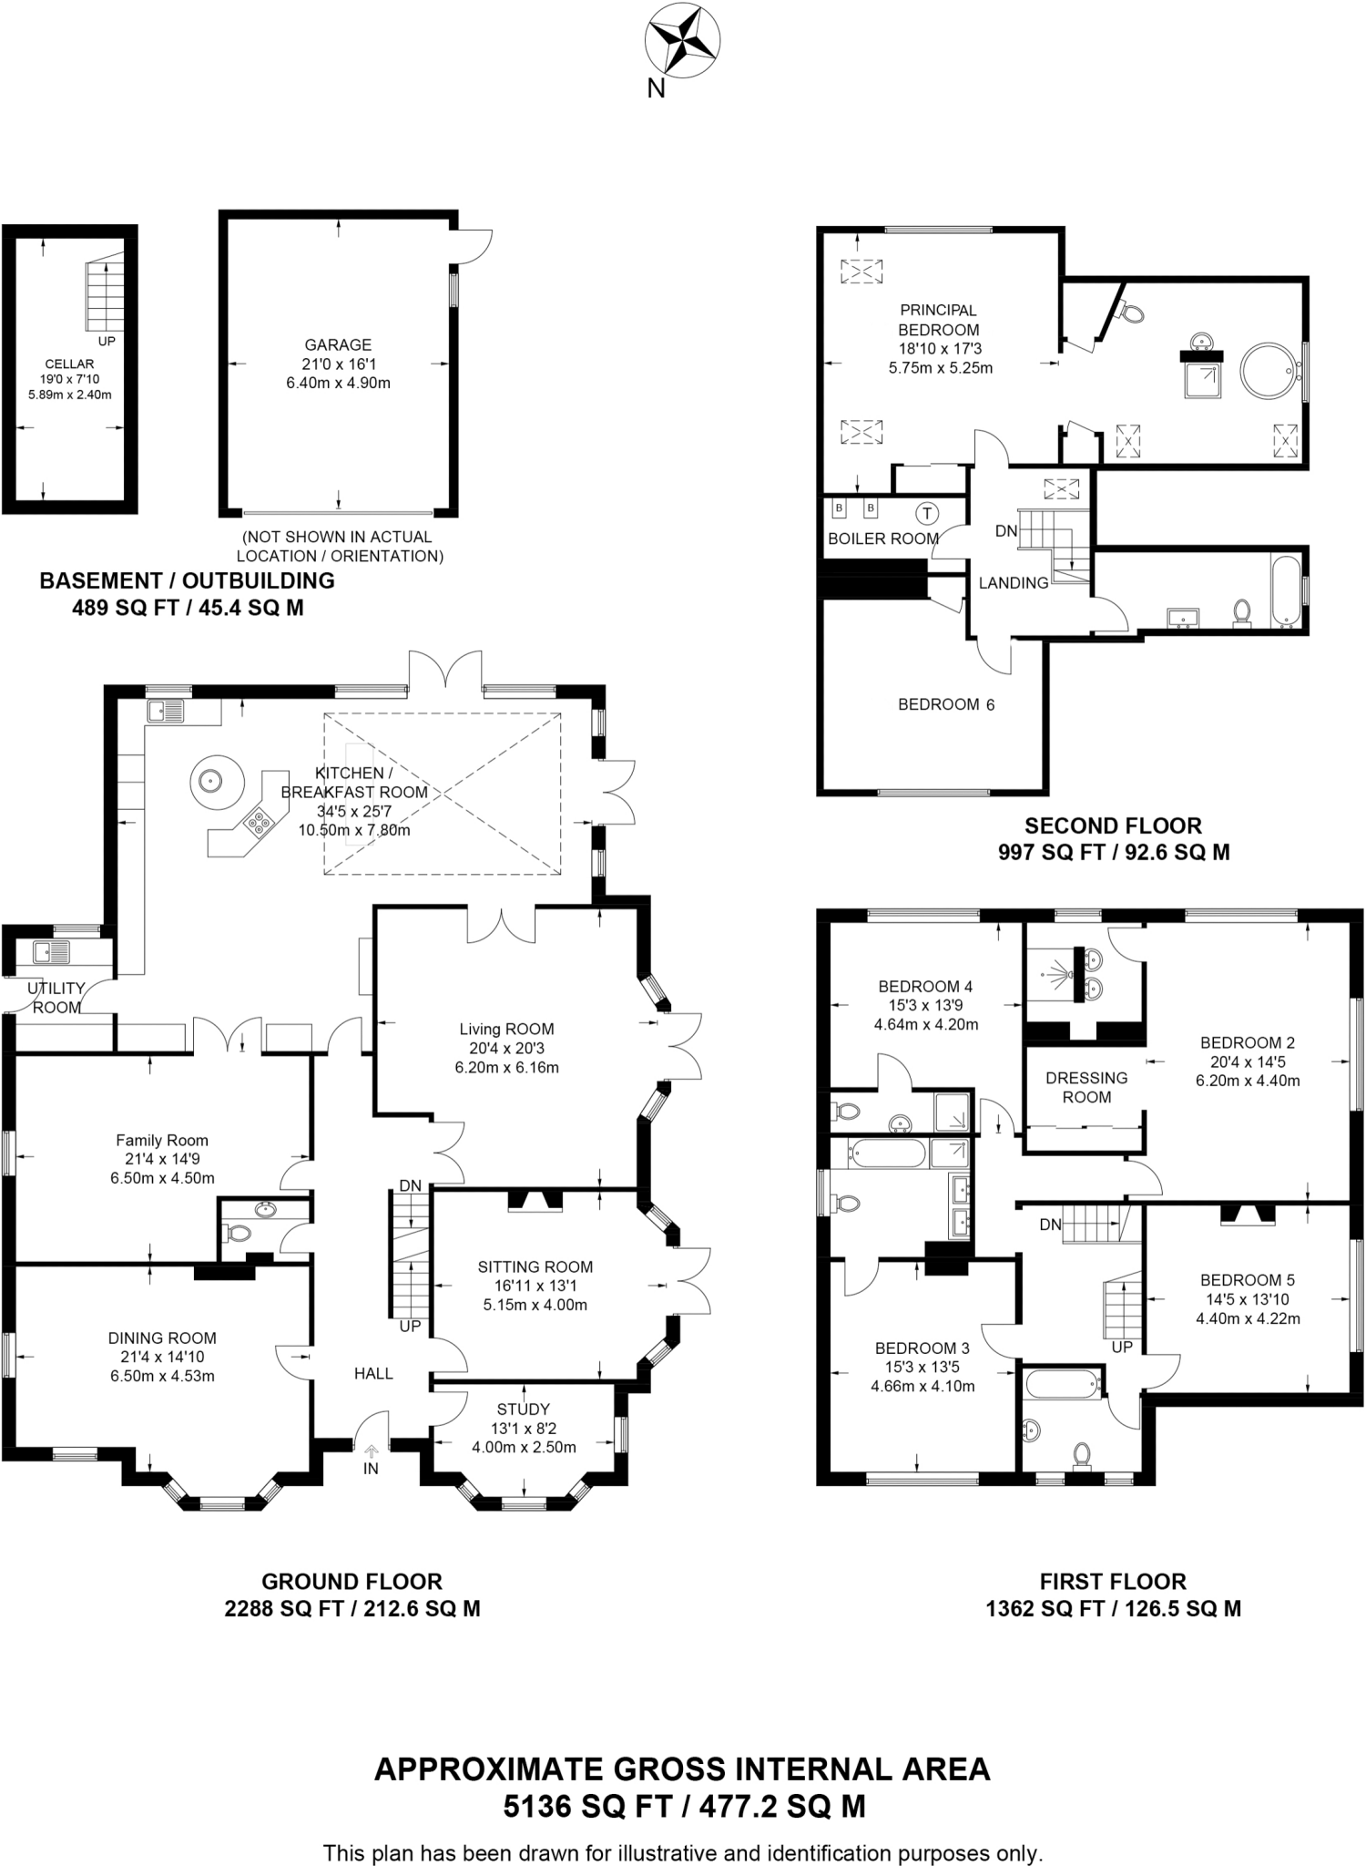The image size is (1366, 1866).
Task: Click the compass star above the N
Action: click(x=682, y=41)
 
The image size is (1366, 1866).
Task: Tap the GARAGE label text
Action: click(x=338, y=344)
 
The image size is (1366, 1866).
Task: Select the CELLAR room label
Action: click(x=69, y=364)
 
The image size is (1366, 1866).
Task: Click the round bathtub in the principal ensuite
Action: click(x=1269, y=370)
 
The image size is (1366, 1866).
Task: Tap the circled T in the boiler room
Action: click(x=927, y=514)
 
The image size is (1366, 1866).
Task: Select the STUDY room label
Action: click(x=523, y=1409)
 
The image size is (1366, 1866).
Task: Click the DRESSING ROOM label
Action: click(x=1086, y=1087)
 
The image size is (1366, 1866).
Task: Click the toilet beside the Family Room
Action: click(x=240, y=1233)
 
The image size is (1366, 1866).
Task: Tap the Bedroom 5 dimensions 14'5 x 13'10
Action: click(x=1248, y=1299)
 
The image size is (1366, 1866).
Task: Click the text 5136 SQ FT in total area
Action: click(x=587, y=1806)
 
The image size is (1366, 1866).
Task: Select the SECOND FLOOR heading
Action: click(x=1113, y=825)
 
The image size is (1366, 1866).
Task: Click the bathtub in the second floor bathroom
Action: click(x=1285, y=592)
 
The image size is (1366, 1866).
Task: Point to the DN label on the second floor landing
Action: click(x=1005, y=530)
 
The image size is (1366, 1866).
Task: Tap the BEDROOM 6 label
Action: click(x=945, y=704)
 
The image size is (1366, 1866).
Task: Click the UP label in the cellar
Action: click(x=107, y=342)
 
